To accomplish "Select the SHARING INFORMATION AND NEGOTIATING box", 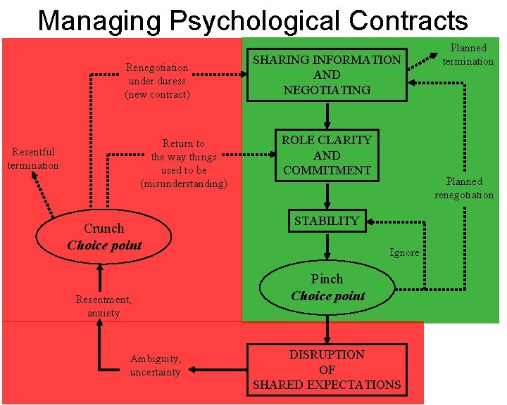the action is pos(327,75).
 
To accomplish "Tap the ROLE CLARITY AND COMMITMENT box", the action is pos(327,155).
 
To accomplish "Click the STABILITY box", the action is pos(327,221).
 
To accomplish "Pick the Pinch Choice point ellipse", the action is pos(327,287).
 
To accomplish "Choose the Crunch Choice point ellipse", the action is pos(104,237).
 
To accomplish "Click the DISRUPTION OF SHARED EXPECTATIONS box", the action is pos(327,369).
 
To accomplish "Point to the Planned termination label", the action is pos(468,55).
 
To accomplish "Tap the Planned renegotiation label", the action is pos(464,188).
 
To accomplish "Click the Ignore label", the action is pos(405,252).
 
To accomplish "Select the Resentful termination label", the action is pos(33,158).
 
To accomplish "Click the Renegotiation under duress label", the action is pos(157,81).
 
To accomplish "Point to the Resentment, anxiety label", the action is pos(104,307).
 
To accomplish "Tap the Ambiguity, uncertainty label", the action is pos(156,365).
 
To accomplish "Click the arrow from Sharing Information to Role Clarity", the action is pos(327,115).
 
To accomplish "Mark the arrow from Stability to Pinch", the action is pos(327,246).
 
